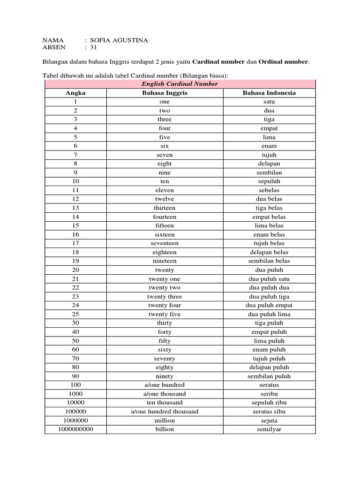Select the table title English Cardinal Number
[x=180, y=84]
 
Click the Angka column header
[x=75, y=93]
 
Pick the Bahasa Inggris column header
[x=164, y=93]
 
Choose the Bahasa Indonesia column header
[x=269, y=93]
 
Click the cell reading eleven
[x=165, y=190]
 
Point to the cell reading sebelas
[x=269, y=190]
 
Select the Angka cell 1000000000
[x=75, y=429]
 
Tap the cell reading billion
[x=165, y=429]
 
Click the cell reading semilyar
[x=269, y=429]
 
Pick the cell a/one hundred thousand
[x=165, y=412]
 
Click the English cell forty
[x=165, y=332]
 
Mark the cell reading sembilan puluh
[x=269, y=376]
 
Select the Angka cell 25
[x=75, y=314]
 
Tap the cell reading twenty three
[x=165, y=296]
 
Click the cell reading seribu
[x=269, y=394]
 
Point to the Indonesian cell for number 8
[x=269, y=164]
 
